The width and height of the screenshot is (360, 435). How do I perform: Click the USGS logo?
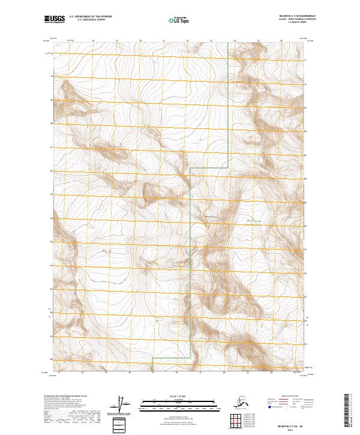(x=52, y=20)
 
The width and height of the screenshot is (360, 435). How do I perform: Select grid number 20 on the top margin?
(x=140, y=41)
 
